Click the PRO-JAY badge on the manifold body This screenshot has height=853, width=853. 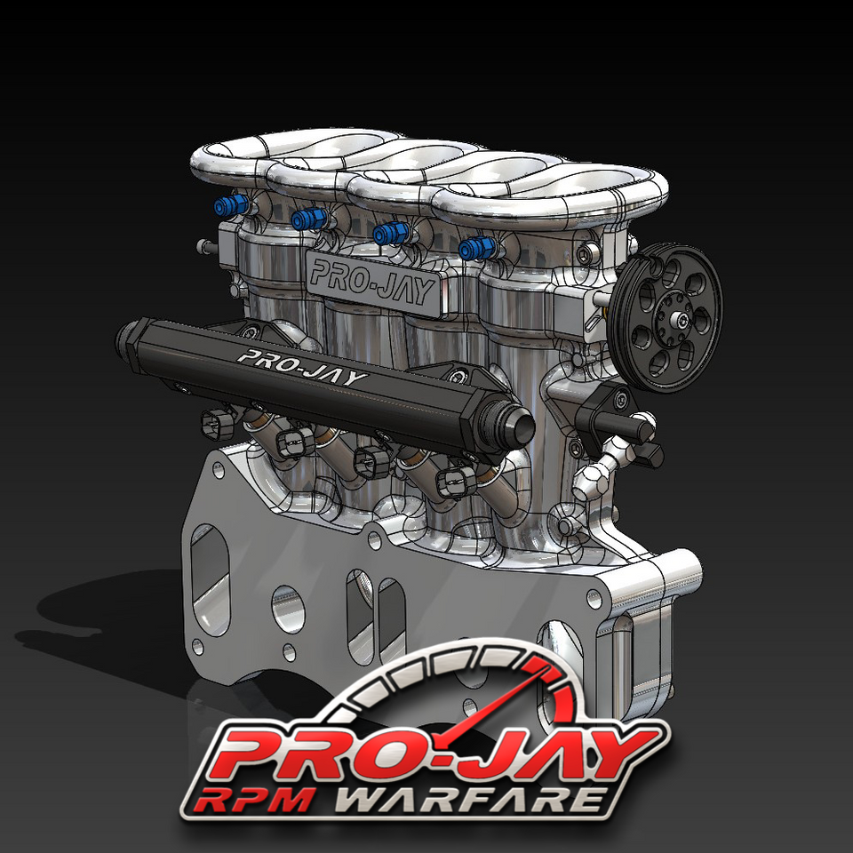[x=373, y=281]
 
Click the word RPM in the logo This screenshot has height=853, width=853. [x=253, y=797]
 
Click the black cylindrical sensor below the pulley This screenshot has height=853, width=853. [x=613, y=418]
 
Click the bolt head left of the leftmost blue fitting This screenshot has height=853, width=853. [x=205, y=244]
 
